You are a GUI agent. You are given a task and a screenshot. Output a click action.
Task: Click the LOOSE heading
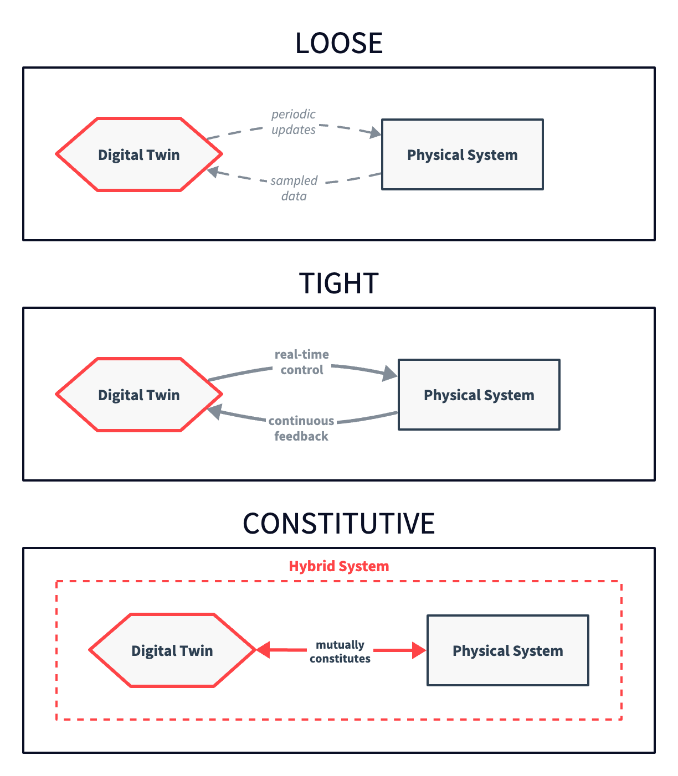(339, 43)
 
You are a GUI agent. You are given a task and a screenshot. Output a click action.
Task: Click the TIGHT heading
(339, 283)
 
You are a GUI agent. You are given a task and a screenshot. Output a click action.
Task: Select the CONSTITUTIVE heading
(339, 524)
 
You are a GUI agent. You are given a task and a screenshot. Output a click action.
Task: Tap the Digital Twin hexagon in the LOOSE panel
(139, 154)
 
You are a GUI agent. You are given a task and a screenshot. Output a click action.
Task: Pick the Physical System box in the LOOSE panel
(463, 154)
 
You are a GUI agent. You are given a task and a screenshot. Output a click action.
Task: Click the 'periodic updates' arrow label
(294, 122)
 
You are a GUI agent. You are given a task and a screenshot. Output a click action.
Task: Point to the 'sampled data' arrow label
(294, 188)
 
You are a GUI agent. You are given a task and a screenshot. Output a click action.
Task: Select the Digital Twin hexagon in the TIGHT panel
(139, 395)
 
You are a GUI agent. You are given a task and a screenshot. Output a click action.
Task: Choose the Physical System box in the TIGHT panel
(479, 395)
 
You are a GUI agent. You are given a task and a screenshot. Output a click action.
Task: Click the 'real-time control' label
(302, 362)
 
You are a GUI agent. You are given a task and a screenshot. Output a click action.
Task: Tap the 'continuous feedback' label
(301, 428)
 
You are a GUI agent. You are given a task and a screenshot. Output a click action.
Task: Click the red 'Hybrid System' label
(339, 566)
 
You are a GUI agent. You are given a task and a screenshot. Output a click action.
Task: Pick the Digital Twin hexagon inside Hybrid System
(172, 650)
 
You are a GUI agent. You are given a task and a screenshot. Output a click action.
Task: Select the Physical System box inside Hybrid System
(508, 650)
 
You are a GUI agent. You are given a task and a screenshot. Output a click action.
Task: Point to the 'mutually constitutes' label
(340, 651)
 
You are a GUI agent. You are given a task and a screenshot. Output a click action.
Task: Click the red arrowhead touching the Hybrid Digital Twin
(264, 650)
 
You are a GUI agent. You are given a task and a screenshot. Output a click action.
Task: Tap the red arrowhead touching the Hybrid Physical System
(419, 650)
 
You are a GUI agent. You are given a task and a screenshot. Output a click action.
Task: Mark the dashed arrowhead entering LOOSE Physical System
(376, 133)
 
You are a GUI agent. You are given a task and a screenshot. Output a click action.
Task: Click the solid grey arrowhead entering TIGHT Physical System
(391, 375)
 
